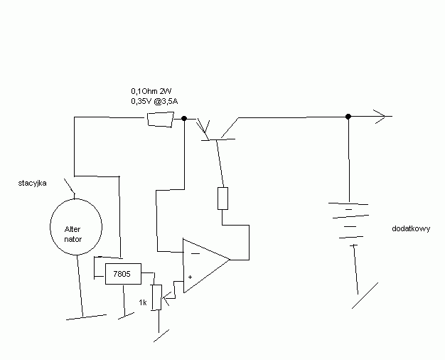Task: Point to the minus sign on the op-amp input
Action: point(195,253)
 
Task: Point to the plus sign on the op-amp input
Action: point(190,277)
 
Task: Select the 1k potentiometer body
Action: point(157,297)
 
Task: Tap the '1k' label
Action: point(143,302)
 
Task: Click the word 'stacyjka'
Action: point(33,184)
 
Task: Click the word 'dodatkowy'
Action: point(411,228)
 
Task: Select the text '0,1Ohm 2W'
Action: point(151,91)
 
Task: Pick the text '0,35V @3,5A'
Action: point(154,101)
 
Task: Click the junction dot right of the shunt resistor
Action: point(184,119)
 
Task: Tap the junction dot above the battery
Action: point(348,117)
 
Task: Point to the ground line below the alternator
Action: point(87,317)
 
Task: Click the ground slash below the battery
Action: point(365,295)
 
